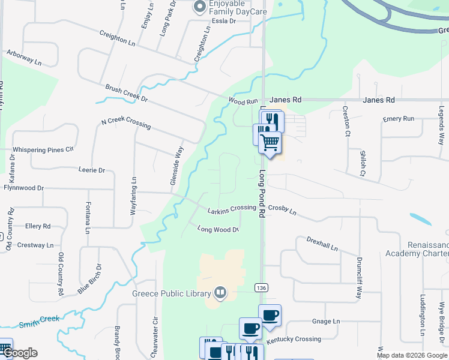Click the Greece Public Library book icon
click(220, 293)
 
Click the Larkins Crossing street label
click(232, 208)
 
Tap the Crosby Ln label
click(282, 209)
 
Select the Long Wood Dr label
click(218, 229)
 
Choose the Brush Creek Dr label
click(126, 92)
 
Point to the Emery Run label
click(399, 119)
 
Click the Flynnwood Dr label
click(23, 188)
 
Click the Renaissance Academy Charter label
click(427, 250)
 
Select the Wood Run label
click(243, 102)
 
